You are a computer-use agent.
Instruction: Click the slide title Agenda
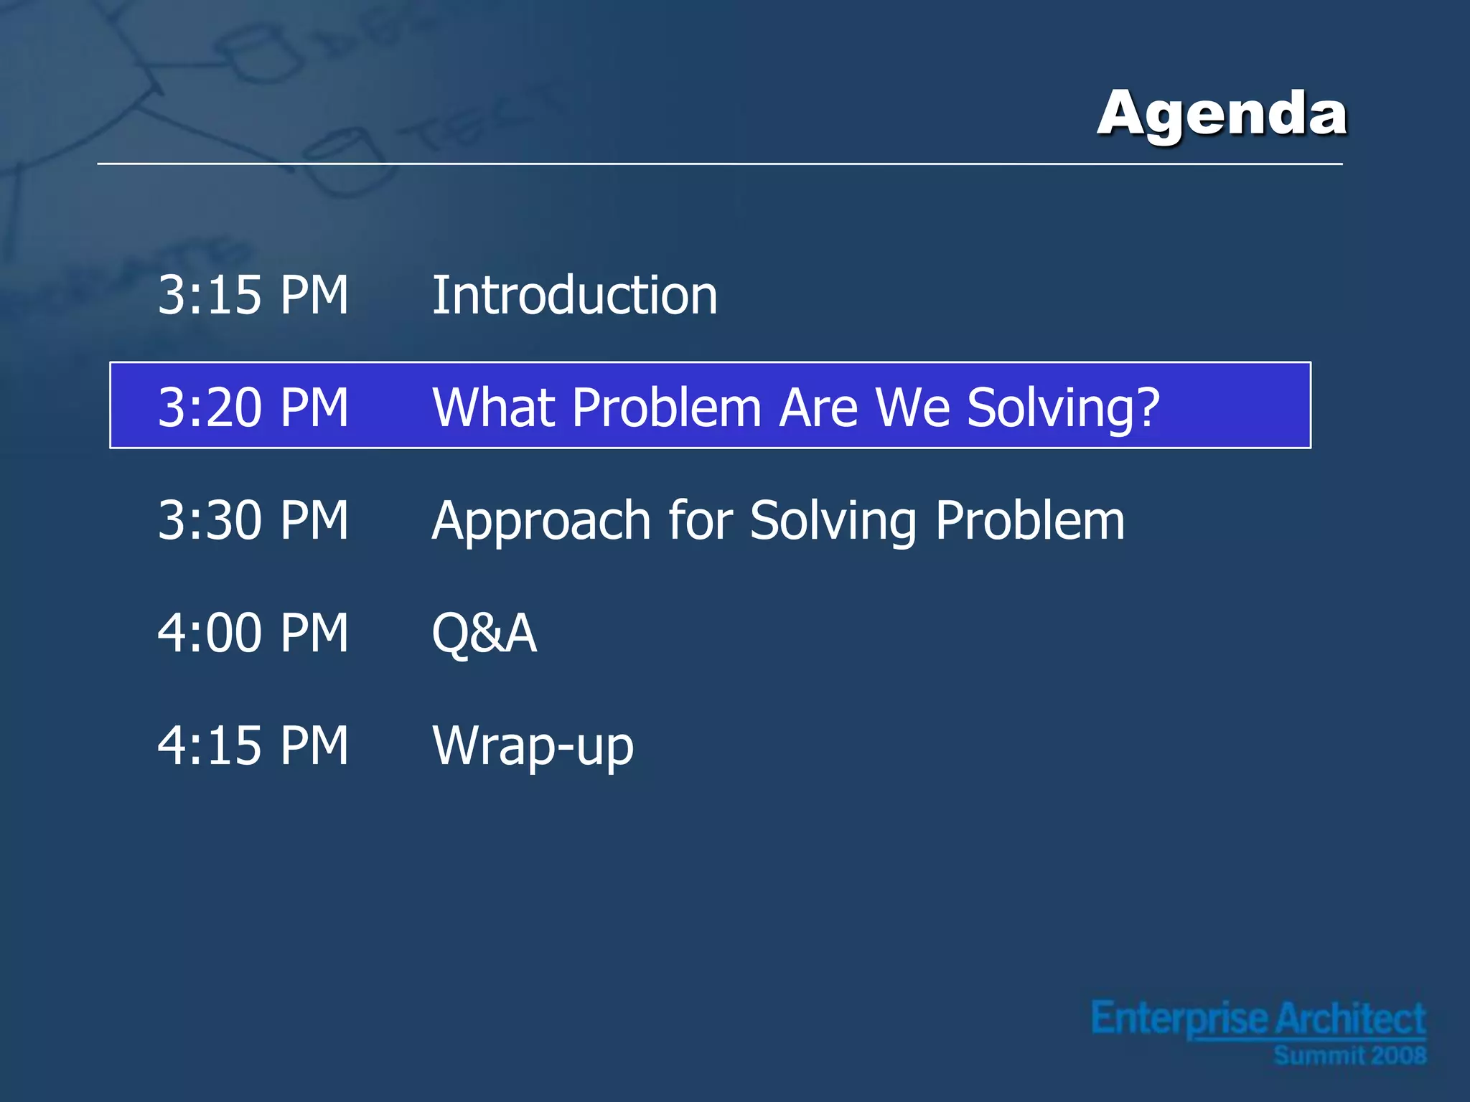[1222, 113]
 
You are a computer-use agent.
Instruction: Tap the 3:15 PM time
[253, 295]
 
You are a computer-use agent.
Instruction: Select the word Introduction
[574, 295]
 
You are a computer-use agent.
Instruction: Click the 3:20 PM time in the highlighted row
[253, 408]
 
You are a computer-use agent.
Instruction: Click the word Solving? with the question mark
[1063, 408]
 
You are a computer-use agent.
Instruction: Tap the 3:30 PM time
[253, 520]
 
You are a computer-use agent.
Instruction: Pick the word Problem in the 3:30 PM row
[1030, 520]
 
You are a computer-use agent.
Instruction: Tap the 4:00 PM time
[253, 633]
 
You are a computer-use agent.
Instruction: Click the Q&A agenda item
[484, 634]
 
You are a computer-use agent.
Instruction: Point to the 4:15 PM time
[253, 745]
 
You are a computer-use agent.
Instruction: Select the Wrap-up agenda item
[533, 747]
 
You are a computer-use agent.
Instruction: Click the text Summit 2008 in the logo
[1349, 1056]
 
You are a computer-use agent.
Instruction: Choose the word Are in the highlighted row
[818, 408]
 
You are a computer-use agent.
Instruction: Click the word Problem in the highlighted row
[666, 408]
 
